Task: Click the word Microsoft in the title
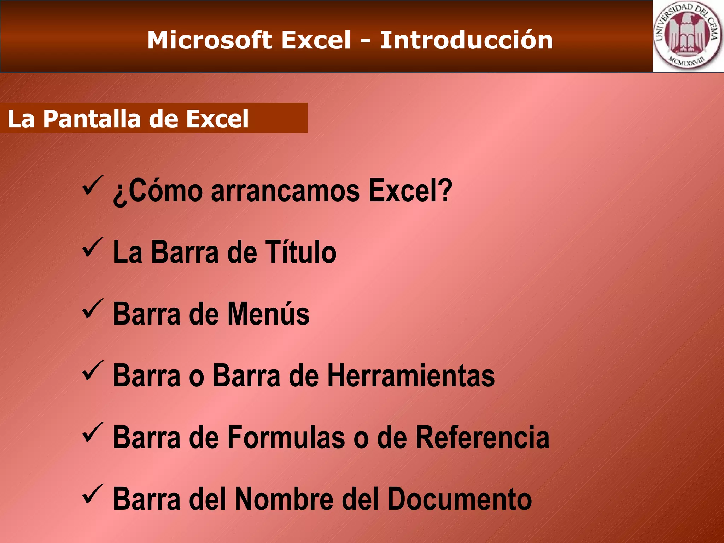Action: [209, 40]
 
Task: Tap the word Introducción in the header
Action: [466, 40]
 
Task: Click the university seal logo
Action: [688, 36]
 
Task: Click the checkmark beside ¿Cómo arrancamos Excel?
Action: [93, 186]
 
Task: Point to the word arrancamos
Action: [285, 191]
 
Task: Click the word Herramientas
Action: [411, 375]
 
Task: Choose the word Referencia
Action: [482, 437]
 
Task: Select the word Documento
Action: [460, 499]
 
